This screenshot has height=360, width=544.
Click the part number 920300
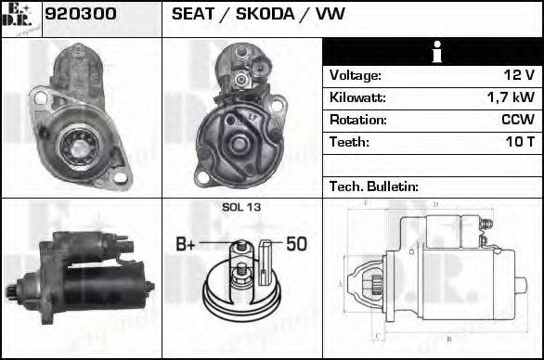pyautogui.click(x=81, y=15)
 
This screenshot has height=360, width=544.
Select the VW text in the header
pyautogui.click(x=330, y=15)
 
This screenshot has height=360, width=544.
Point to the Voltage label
pyautogui.click(x=355, y=75)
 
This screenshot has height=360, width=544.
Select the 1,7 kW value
pyautogui.click(x=510, y=97)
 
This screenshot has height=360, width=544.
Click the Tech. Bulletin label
pyautogui.click(x=374, y=186)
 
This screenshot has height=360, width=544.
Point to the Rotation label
pyautogui.click(x=357, y=120)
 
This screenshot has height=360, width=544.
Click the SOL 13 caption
pyautogui.click(x=241, y=207)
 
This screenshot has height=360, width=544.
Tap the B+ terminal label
pyautogui.click(x=186, y=245)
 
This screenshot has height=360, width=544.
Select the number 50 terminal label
pyautogui.click(x=296, y=245)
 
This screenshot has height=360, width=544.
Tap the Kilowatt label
pyautogui.click(x=357, y=97)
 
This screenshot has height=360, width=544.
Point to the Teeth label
pyautogui.click(x=349, y=142)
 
